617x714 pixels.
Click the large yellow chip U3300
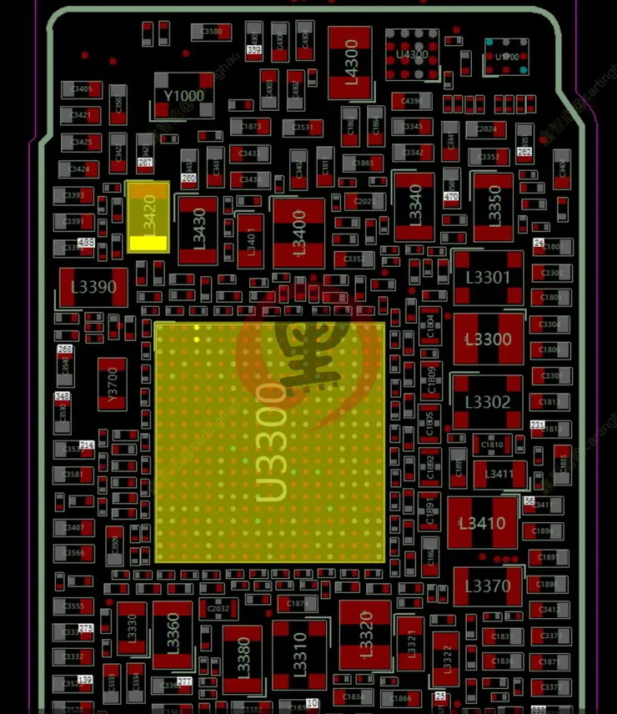(x=269, y=442)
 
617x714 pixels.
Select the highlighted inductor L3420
(x=148, y=216)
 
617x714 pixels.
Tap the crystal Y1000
(x=183, y=96)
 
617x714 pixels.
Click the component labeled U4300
(x=412, y=55)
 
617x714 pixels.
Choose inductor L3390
(x=93, y=287)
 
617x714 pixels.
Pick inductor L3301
(x=488, y=278)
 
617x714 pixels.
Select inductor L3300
(x=488, y=339)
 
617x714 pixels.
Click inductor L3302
(x=488, y=402)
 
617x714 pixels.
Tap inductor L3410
(x=482, y=524)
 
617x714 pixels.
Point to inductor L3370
(x=488, y=586)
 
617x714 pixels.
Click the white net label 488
(x=86, y=242)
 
